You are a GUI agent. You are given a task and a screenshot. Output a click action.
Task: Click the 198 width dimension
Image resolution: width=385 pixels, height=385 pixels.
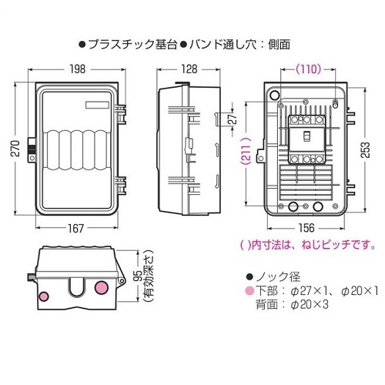pos(78,69)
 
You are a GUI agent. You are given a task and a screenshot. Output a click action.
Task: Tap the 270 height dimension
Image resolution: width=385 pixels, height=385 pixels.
pos(16,149)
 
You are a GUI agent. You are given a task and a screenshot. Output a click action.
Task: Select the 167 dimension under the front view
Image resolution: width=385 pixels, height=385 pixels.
pos(75,228)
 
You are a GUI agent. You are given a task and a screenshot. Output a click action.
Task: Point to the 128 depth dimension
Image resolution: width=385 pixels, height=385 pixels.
pos(189,69)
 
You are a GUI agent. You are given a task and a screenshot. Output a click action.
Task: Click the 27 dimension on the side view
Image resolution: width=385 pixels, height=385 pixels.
pos(233,119)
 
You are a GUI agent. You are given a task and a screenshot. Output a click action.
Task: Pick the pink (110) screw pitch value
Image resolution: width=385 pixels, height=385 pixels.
pos(308,69)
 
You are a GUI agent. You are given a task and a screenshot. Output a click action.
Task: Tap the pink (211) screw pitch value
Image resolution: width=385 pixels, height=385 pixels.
pos(246,152)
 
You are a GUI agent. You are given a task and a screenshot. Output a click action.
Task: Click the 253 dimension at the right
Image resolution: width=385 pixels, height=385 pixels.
pos(365,149)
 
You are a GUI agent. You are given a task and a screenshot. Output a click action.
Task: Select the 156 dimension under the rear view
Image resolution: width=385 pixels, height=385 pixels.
pos(306,228)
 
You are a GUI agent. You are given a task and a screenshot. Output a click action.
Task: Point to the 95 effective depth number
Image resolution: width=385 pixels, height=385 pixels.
pos(138,276)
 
